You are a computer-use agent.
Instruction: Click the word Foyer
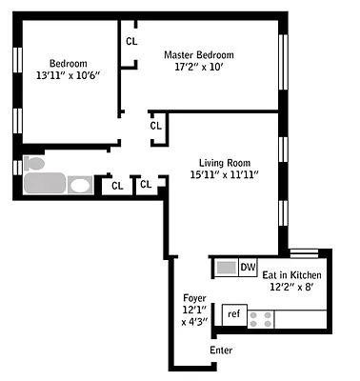click(195, 297)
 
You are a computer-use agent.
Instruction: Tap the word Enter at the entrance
click(220, 351)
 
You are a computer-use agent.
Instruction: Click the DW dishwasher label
click(248, 267)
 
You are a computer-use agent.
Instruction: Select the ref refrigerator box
click(233, 313)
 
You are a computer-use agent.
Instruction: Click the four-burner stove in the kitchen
click(260, 317)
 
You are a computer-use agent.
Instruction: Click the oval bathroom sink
click(81, 185)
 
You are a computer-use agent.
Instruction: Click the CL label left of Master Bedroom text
click(130, 41)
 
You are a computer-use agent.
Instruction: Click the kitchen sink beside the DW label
click(225, 268)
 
